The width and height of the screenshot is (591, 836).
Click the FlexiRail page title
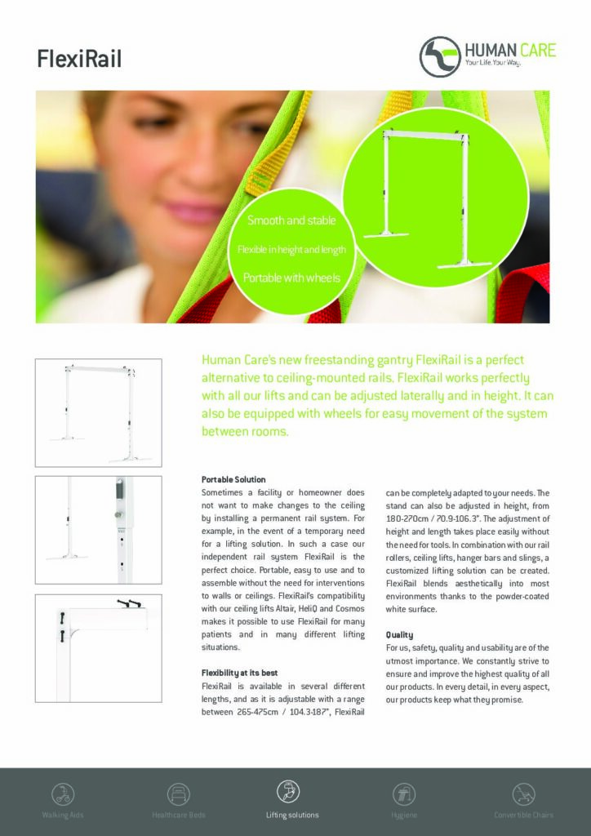[79, 58]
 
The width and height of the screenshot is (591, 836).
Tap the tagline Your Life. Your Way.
[492, 63]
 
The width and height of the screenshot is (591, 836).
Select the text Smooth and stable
[291, 221]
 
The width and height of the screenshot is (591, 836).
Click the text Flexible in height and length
[291, 248]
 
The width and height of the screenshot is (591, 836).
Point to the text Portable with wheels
[291, 278]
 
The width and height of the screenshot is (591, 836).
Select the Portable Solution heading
[233, 479]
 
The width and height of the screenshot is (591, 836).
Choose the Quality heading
[399, 634]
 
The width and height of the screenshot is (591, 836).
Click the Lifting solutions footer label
[292, 815]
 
